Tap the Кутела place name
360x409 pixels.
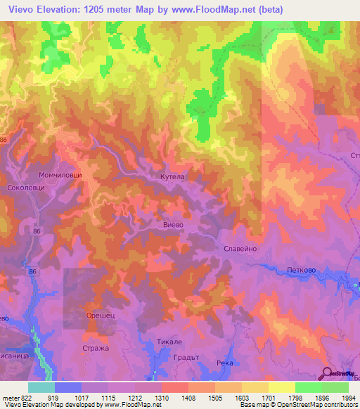point(172,178)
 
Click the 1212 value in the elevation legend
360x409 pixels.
point(136,398)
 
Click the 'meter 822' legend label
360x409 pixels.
point(17,398)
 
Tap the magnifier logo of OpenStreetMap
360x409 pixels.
point(328,374)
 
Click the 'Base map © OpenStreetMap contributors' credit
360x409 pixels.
point(297,405)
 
